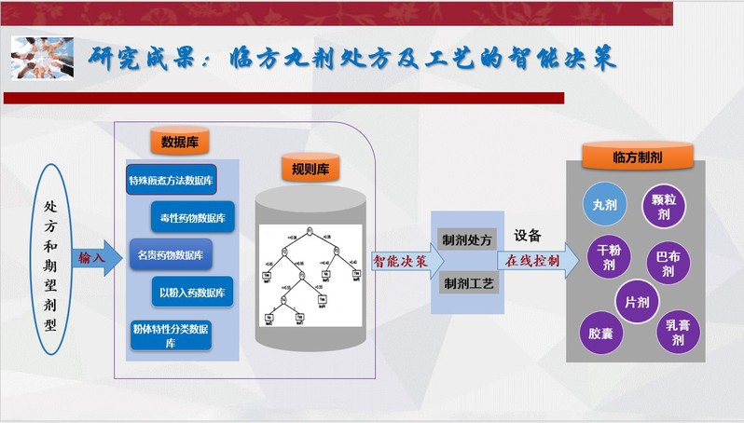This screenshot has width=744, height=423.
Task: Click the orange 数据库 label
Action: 179,142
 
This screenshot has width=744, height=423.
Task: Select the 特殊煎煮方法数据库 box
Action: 172,181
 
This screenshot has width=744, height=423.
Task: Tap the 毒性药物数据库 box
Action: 192,217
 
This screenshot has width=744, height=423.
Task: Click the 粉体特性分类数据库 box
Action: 172,334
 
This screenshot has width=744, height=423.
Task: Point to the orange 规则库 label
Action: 308,170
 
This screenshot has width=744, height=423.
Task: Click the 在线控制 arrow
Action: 530,261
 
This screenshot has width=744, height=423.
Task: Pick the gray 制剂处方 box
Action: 467,239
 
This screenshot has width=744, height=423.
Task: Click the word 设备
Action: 527,236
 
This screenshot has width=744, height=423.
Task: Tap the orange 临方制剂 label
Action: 638,156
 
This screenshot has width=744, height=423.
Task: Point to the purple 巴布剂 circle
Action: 667,263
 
